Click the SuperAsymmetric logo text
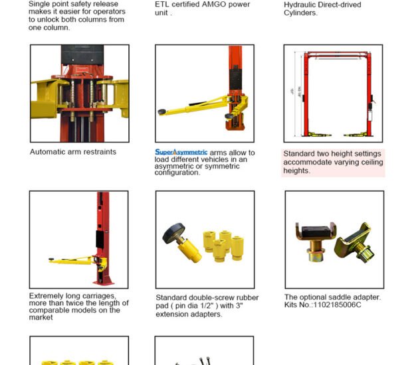(181, 153)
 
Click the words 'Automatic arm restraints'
(72, 152)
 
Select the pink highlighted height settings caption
(333, 162)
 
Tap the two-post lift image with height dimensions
(333, 94)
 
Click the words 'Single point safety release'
(73, 4)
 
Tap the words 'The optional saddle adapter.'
(332, 297)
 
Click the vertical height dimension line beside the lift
(294, 94)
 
